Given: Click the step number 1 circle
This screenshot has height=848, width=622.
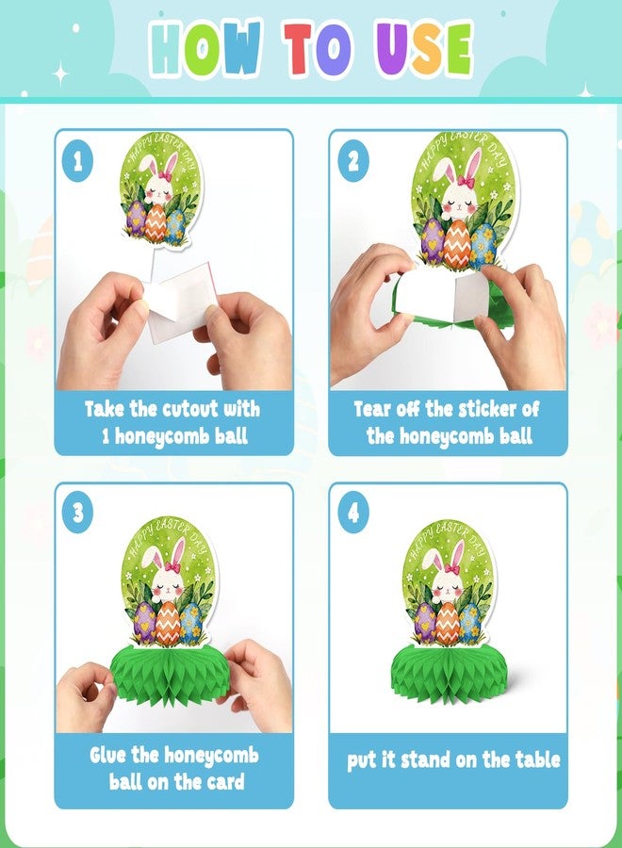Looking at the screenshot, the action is (78, 161).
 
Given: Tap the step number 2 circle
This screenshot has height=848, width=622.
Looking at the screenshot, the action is (353, 161).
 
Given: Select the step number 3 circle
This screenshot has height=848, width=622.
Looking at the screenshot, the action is (78, 512).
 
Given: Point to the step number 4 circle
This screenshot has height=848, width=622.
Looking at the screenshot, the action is (353, 512).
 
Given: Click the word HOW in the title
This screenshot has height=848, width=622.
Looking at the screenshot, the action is (205, 49).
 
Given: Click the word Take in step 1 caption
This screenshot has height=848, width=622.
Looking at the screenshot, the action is (105, 409).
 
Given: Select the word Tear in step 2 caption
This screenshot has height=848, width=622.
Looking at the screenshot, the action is (373, 409).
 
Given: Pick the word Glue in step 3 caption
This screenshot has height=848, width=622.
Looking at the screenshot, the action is (108, 755).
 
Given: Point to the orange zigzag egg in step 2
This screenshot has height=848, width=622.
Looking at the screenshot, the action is (457, 244).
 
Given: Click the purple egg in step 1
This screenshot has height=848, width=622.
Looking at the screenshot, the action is (135, 218).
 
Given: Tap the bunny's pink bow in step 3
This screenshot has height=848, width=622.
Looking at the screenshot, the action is (173, 567).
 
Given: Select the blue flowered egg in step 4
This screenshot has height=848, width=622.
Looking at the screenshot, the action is (469, 622).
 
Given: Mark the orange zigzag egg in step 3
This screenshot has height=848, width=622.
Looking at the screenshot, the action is (167, 623).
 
